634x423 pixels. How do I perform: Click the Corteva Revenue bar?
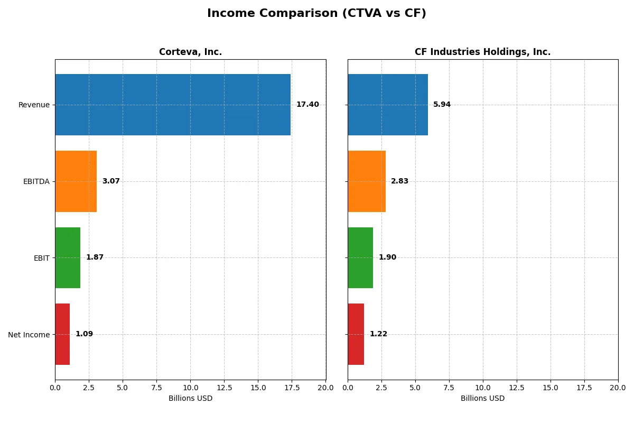(x=173, y=105)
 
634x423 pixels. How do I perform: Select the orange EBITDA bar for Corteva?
(x=76, y=181)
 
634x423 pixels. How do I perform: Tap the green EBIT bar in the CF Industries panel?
(x=360, y=258)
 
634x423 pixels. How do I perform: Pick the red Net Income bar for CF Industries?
(x=356, y=334)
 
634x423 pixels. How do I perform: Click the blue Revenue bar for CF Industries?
(x=388, y=105)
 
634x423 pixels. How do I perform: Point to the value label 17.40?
(x=307, y=105)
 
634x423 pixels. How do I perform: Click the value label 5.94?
(x=442, y=105)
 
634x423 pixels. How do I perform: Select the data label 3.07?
(x=111, y=181)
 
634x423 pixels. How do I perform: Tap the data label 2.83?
(x=399, y=181)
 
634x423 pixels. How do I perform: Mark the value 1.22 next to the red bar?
(x=378, y=334)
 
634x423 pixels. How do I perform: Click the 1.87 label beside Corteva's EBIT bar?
(x=95, y=258)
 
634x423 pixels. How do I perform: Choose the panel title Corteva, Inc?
(x=190, y=52)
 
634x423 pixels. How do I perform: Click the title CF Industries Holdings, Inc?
(x=482, y=52)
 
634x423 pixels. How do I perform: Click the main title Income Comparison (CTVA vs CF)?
(x=316, y=14)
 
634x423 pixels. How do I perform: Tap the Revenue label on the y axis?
(x=34, y=105)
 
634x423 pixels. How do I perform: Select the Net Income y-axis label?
(x=29, y=334)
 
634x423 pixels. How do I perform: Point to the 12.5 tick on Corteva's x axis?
(x=224, y=388)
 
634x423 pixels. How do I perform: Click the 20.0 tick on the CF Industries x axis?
(x=618, y=388)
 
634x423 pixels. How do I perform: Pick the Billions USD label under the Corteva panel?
(x=190, y=398)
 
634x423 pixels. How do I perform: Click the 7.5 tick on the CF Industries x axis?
(x=449, y=388)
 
